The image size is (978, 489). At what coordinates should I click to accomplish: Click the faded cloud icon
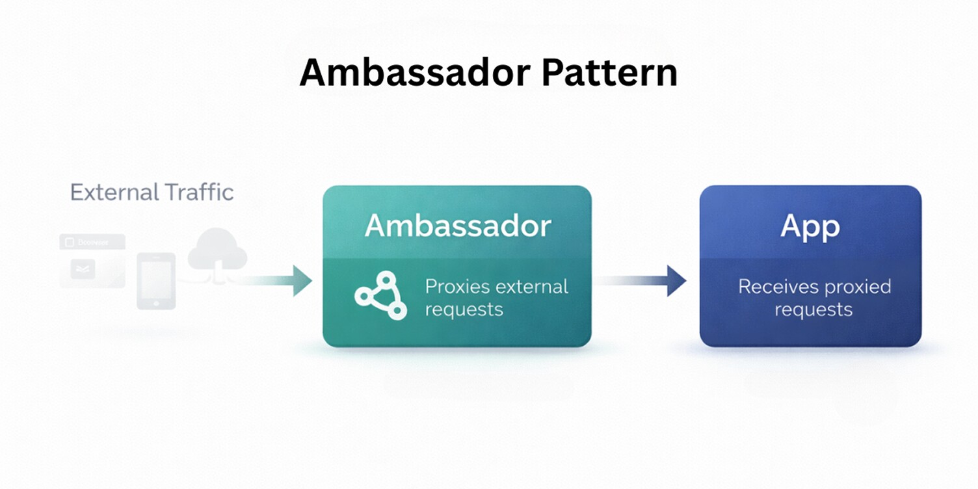217,250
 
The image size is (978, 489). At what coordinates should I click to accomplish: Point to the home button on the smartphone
156,302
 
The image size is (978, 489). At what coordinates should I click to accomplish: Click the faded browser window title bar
92,243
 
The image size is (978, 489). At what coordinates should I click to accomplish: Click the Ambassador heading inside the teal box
458,226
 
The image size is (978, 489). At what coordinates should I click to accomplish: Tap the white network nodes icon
381,296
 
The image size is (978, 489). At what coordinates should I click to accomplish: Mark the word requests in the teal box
464,309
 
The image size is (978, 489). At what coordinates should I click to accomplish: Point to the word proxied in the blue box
858,287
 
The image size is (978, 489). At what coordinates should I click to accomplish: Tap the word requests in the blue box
813,309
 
